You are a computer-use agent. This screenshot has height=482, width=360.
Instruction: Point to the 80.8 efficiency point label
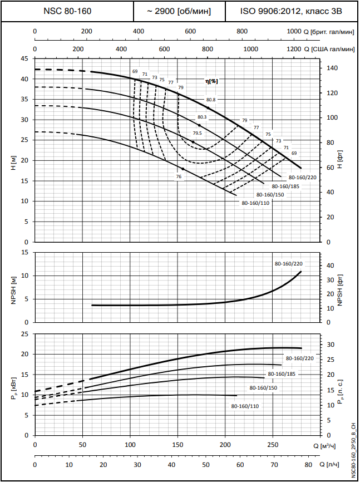click(x=211, y=100)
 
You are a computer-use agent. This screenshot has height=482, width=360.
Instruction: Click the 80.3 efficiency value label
click(x=202, y=117)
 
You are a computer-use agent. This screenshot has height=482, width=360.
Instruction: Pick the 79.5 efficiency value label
click(x=198, y=134)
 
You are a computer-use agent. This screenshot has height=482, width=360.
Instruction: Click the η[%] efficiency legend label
click(x=212, y=81)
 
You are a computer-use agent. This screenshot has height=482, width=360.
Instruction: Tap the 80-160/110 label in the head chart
click(x=255, y=203)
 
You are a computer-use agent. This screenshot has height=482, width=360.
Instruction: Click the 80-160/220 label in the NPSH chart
click(x=288, y=263)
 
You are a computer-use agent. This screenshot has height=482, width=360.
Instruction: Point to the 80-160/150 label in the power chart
click(x=263, y=387)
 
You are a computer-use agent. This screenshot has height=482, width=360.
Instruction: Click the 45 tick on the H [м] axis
click(x=24, y=58)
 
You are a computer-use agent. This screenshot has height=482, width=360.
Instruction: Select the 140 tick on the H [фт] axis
click(x=332, y=68)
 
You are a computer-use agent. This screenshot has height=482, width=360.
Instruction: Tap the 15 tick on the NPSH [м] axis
click(x=24, y=252)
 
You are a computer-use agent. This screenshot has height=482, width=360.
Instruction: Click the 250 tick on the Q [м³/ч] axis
click(x=273, y=445)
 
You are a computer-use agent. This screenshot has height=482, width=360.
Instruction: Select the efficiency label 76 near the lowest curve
click(x=179, y=176)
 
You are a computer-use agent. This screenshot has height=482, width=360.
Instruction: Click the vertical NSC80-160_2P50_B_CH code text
click(x=354, y=450)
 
